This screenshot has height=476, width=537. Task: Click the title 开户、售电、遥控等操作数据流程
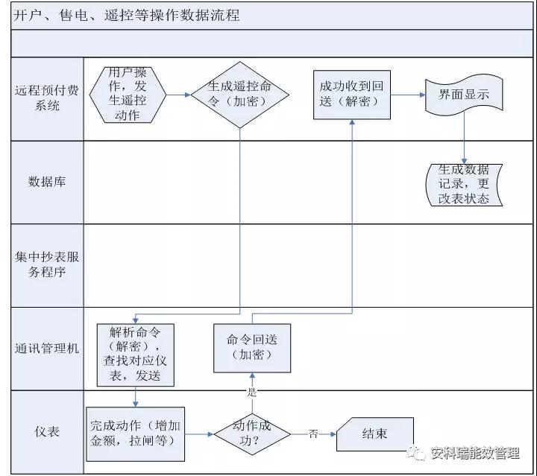click(x=127, y=15)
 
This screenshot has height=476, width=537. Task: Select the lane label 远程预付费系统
click(x=47, y=98)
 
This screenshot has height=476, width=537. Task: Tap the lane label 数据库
click(x=47, y=182)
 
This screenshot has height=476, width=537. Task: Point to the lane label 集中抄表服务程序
click(x=47, y=264)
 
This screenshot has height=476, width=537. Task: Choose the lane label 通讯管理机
click(x=47, y=348)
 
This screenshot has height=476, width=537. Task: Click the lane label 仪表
click(x=47, y=432)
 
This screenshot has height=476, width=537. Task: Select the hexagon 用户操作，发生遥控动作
click(x=127, y=95)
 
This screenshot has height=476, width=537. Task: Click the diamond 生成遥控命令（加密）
click(x=240, y=95)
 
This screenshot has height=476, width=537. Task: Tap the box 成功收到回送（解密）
click(x=351, y=95)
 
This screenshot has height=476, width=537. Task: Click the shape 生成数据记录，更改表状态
click(x=465, y=184)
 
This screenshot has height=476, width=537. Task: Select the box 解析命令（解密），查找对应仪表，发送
click(x=136, y=354)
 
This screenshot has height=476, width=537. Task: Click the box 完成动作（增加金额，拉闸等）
click(x=136, y=433)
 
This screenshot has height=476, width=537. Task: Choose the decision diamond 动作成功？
click(x=252, y=433)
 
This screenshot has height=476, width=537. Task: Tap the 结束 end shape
click(x=374, y=434)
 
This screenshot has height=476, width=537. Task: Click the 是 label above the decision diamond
click(x=251, y=392)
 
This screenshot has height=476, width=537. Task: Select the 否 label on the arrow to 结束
click(x=313, y=434)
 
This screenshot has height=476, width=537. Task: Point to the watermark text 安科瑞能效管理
click(x=474, y=454)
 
